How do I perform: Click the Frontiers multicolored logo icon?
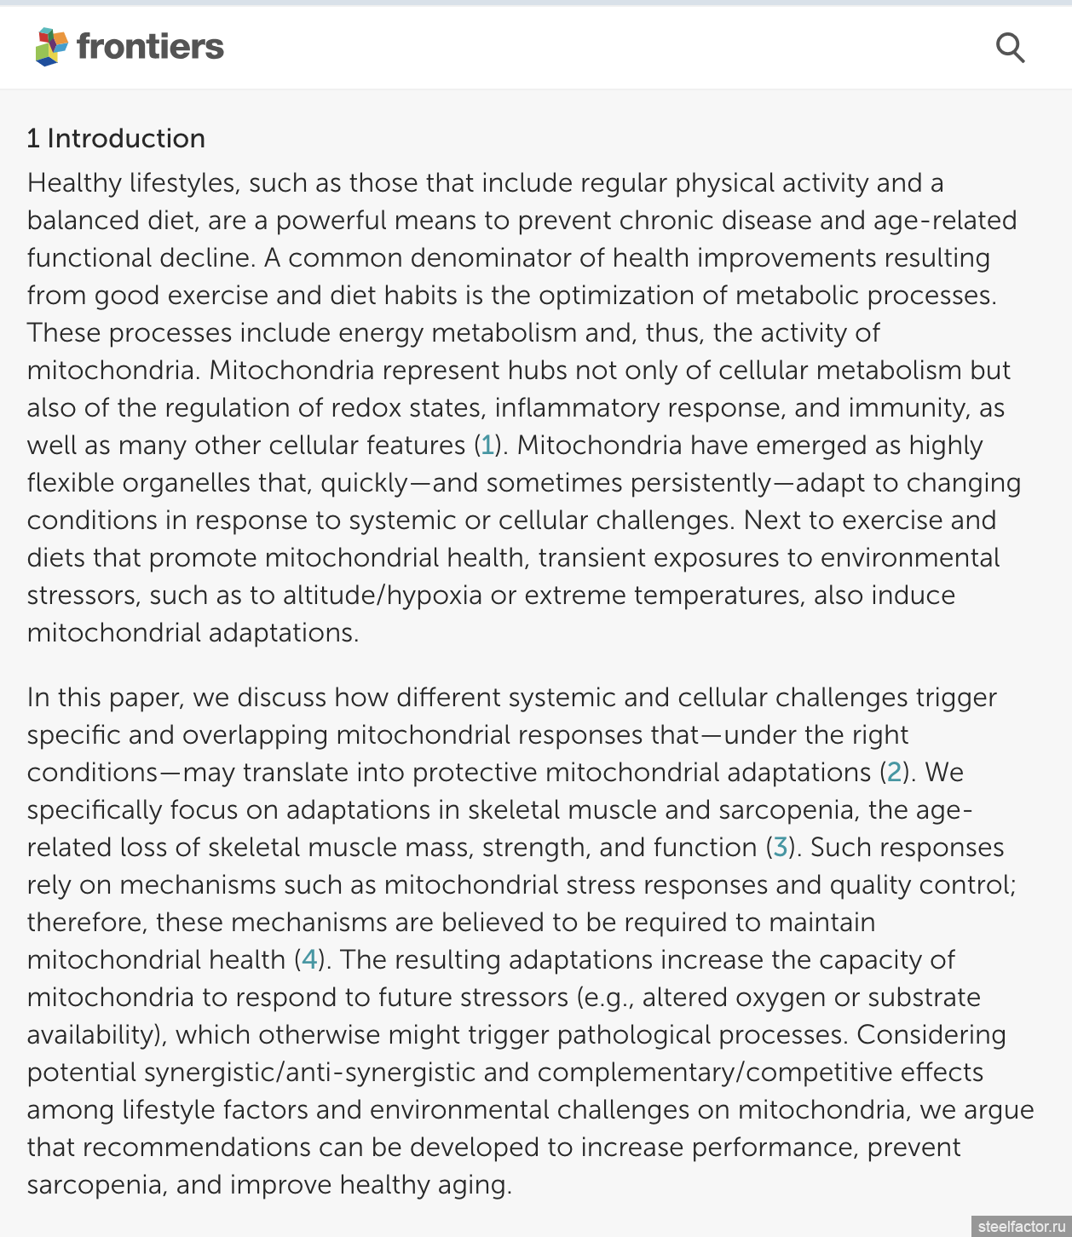coord(51,47)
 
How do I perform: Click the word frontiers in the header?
coord(150,47)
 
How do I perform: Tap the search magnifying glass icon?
coord(1010,48)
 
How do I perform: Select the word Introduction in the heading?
coord(126,138)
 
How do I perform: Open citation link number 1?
coord(487,445)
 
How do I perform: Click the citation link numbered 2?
coord(894,772)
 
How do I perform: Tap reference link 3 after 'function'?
coord(780,847)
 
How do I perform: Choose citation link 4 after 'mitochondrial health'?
coord(308,959)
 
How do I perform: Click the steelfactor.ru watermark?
coord(1021,1226)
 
